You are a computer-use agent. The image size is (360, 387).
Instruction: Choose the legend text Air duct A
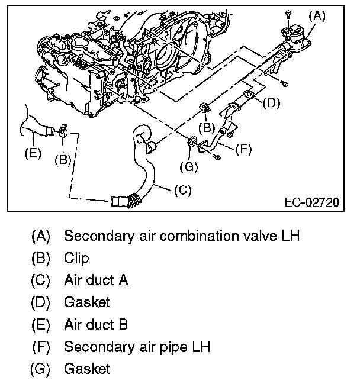click(x=96, y=280)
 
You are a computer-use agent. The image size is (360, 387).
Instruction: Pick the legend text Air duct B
click(x=96, y=324)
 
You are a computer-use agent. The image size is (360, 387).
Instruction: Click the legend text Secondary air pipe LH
click(x=137, y=346)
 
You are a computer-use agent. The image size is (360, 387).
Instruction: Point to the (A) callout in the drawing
click(x=318, y=16)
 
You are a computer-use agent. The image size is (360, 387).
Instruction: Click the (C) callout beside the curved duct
click(x=184, y=191)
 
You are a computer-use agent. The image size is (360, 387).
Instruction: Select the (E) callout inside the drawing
click(x=33, y=153)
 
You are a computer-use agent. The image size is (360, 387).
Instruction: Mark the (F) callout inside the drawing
click(x=242, y=149)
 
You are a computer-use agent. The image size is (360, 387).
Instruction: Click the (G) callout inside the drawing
click(x=189, y=167)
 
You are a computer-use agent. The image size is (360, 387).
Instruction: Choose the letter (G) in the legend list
click(x=41, y=369)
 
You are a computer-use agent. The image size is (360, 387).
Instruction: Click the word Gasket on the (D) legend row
click(x=87, y=302)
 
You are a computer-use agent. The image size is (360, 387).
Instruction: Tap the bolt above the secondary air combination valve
click(x=288, y=13)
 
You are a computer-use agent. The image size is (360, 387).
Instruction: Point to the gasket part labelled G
click(x=192, y=141)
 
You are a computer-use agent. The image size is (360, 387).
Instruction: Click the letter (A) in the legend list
click(x=41, y=236)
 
